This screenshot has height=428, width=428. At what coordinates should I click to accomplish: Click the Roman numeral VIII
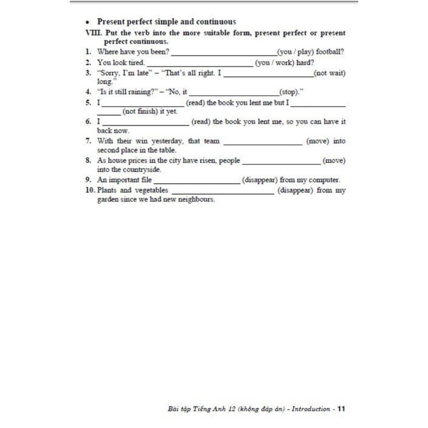pyautogui.click(x=91, y=33)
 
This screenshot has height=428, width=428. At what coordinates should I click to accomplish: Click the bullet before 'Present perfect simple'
pyautogui.click(x=87, y=22)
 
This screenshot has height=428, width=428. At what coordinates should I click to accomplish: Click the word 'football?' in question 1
pyautogui.click(x=330, y=52)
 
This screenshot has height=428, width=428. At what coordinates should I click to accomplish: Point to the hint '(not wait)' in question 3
pyautogui.click(x=330, y=73)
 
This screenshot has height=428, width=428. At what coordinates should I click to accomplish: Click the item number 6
pyautogui.click(x=88, y=122)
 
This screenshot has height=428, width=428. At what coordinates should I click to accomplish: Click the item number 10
pyautogui.click(x=90, y=190)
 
